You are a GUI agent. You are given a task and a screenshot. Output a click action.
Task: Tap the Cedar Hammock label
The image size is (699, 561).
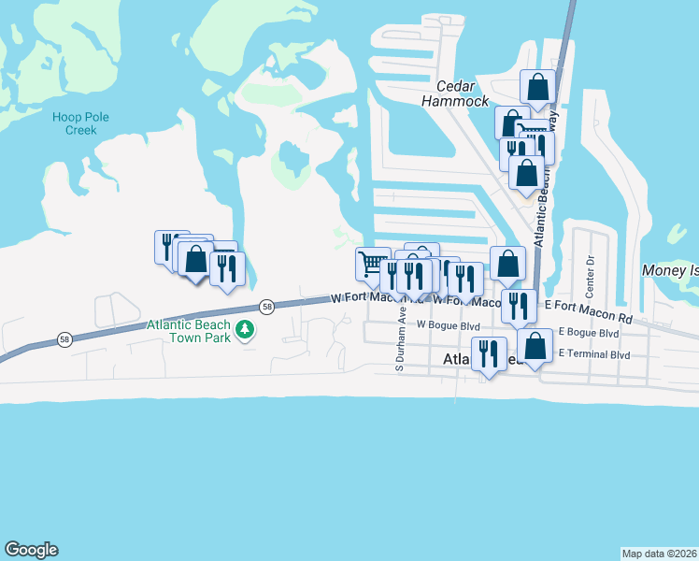tap(456, 93)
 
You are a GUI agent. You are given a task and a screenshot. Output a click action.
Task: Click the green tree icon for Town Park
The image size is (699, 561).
tap(245, 329)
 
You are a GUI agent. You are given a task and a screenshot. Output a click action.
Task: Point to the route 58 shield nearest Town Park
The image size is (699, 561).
tap(267, 307)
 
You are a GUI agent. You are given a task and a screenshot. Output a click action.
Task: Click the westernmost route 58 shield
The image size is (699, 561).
tap(64, 338)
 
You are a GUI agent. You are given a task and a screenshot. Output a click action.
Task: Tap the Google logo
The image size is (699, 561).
tap(31, 550)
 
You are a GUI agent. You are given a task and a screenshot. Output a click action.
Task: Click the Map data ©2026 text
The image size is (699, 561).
tap(660, 553)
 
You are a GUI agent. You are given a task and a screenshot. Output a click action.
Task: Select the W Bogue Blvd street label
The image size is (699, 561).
tap(448, 325)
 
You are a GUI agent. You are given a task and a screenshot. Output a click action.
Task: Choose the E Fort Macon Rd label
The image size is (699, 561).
tap(587, 311)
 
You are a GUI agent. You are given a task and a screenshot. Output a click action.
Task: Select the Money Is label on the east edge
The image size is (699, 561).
tap(670, 270)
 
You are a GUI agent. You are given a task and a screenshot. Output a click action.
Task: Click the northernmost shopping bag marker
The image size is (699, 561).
tap(537, 87)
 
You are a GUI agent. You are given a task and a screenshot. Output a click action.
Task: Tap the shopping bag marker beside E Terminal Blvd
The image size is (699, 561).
tap(535, 347)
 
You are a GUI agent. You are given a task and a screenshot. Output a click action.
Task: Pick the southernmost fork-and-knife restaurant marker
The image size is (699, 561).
tap(488, 353)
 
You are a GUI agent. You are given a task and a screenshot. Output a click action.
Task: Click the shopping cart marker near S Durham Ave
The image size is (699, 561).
tap(373, 264)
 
